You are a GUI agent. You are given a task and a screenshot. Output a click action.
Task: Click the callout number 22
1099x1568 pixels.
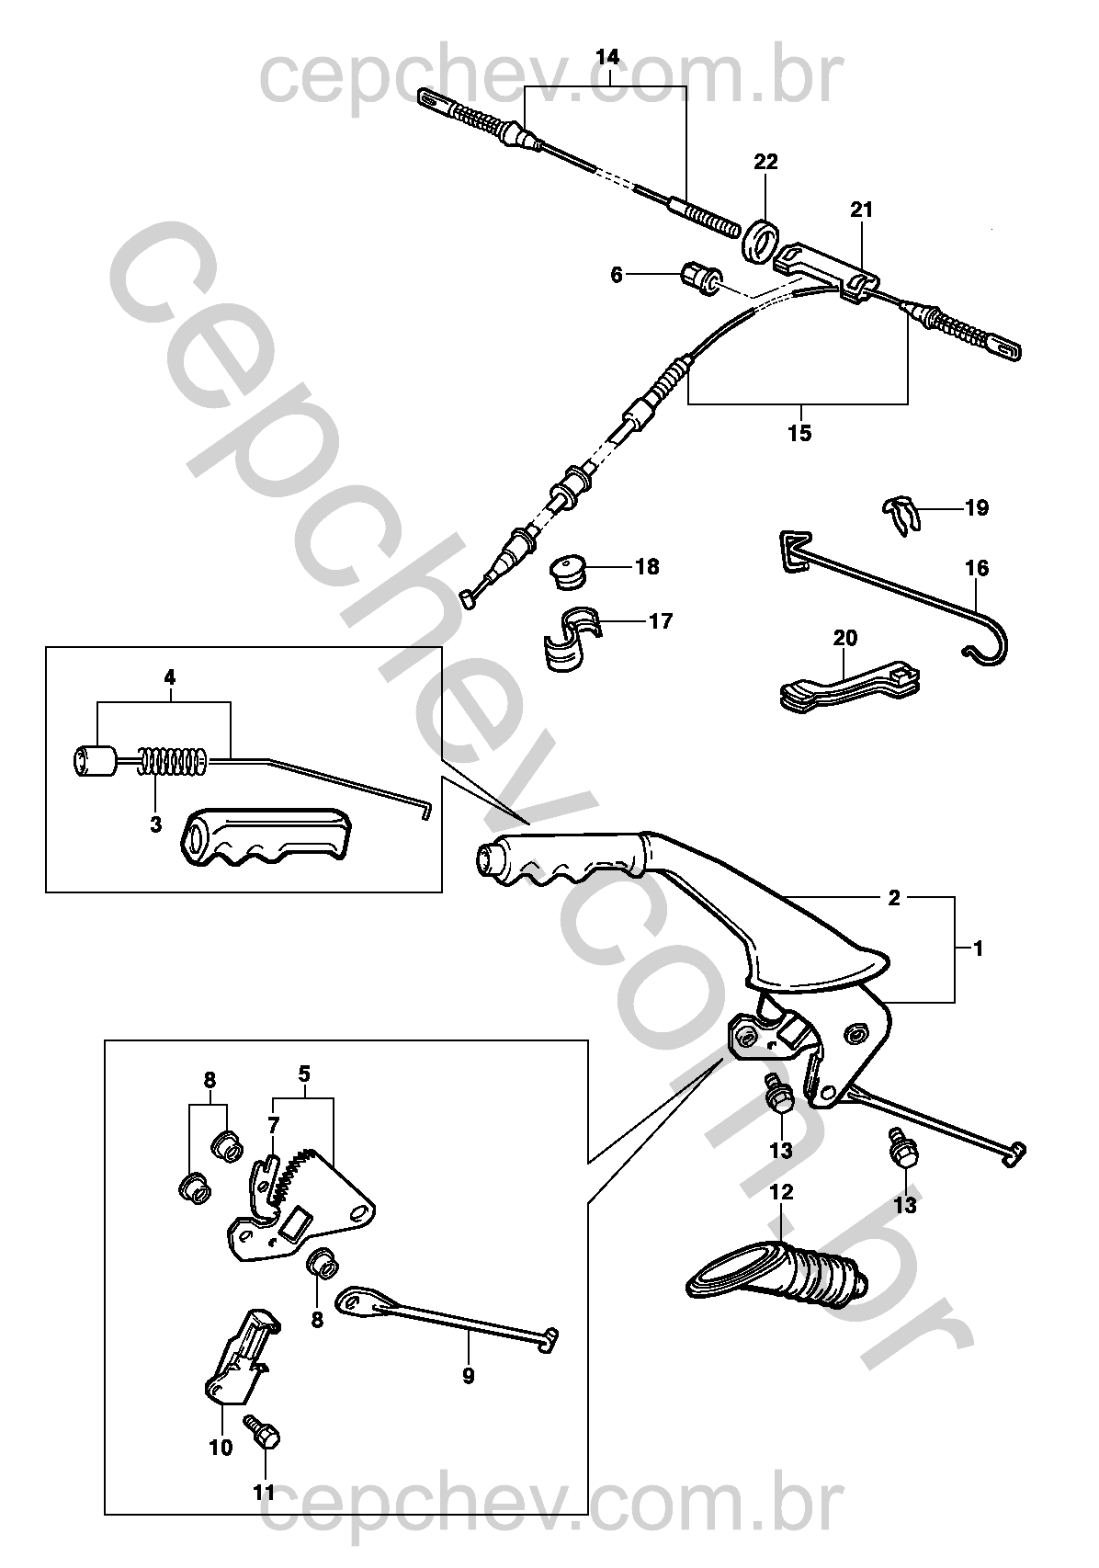point(765,162)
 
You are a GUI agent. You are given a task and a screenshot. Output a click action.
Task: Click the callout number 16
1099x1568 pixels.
point(977,569)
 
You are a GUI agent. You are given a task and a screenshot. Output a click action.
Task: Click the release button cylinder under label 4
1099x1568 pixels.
point(93,762)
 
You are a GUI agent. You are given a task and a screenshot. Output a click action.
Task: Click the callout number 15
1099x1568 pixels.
point(800,433)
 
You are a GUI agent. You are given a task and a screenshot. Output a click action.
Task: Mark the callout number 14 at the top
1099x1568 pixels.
point(607,57)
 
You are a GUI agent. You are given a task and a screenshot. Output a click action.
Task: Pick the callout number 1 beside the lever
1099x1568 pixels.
point(978,948)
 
